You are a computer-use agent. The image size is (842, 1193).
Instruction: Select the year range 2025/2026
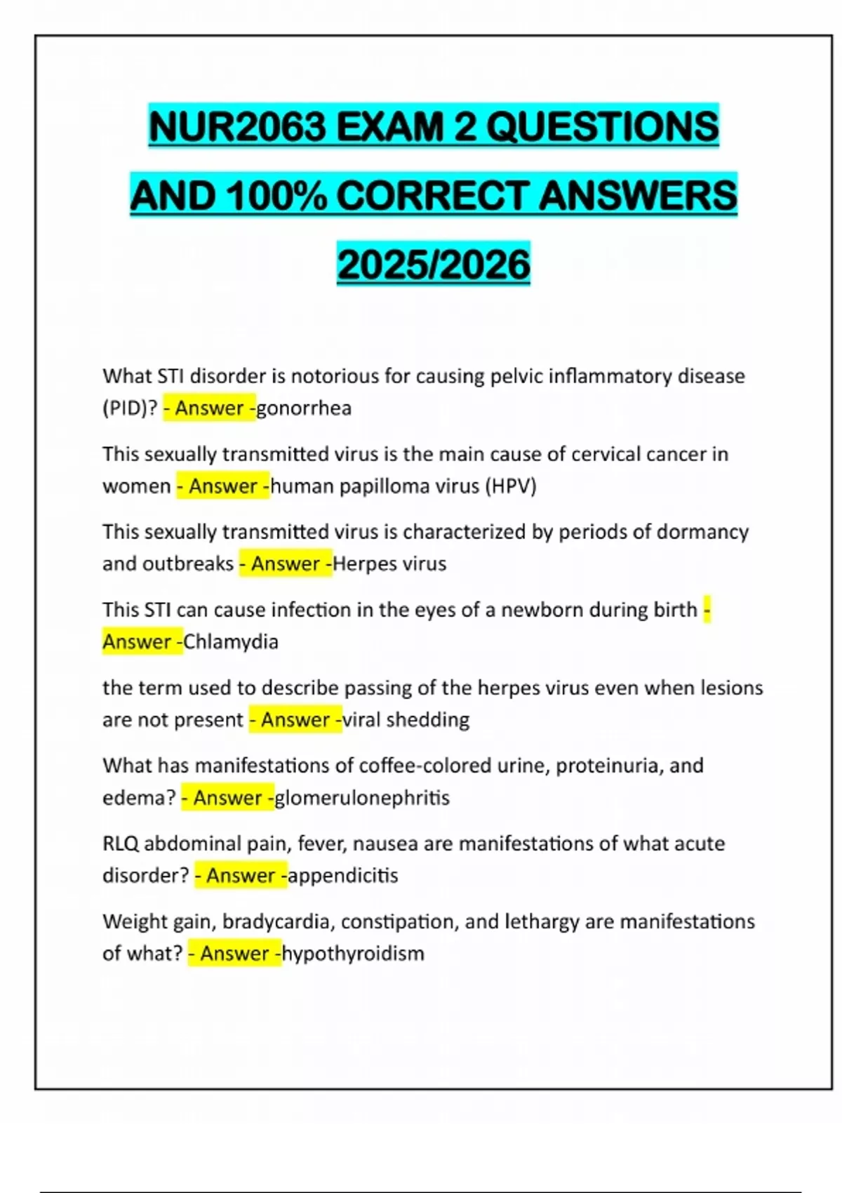434,265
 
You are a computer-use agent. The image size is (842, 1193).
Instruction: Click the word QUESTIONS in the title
602,127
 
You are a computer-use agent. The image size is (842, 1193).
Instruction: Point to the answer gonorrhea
304,408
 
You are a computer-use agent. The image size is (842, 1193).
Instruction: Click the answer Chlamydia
231,642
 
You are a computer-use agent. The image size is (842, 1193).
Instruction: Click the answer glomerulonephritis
362,798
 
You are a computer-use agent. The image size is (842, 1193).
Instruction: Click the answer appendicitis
343,876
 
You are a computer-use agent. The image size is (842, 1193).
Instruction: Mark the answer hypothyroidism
353,954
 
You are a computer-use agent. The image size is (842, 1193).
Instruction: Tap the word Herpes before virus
363,564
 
